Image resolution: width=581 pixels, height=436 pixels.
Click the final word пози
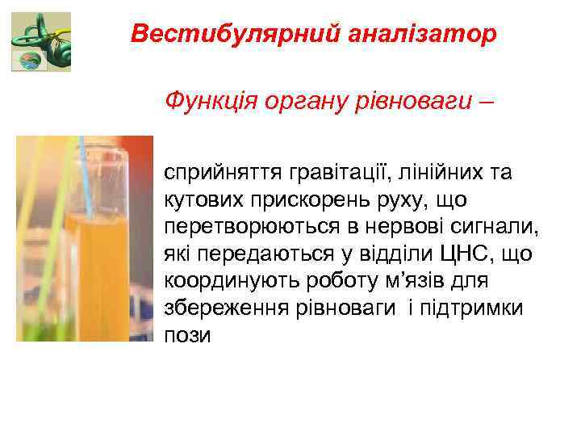pyautogui.click(x=187, y=336)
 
